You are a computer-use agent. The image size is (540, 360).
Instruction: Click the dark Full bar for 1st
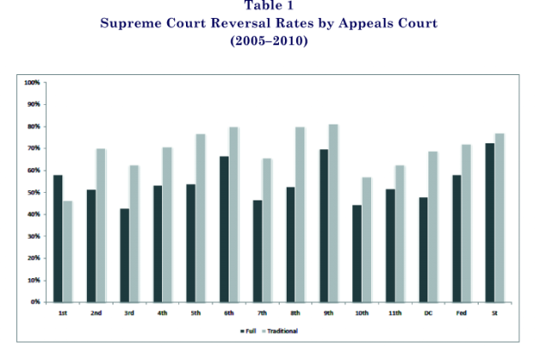pyautogui.click(x=58, y=238)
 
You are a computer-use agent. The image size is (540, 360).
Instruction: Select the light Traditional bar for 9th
pyautogui.click(x=332, y=213)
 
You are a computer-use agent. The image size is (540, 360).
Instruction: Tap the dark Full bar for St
pyautogui.click(x=490, y=222)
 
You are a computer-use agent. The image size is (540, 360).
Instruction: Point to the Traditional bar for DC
pyautogui.click(x=433, y=227)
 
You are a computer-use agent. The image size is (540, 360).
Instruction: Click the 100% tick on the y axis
pyautogui.click(x=32, y=83)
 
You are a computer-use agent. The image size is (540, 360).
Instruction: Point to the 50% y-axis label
pyautogui.click(x=33, y=192)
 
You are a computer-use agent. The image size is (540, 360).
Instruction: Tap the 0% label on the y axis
pyautogui.click(x=35, y=302)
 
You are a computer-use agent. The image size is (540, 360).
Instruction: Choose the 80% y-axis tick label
pyautogui.click(x=33, y=126)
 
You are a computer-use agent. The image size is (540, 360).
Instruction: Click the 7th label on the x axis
pyautogui.click(x=262, y=313)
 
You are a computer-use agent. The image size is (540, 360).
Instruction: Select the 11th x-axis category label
pyautogui.click(x=395, y=313)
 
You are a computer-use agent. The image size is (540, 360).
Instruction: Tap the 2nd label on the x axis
pyautogui.click(x=96, y=313)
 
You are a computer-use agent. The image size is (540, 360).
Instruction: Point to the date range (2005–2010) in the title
pyautogui.click(x=269, y=41)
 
